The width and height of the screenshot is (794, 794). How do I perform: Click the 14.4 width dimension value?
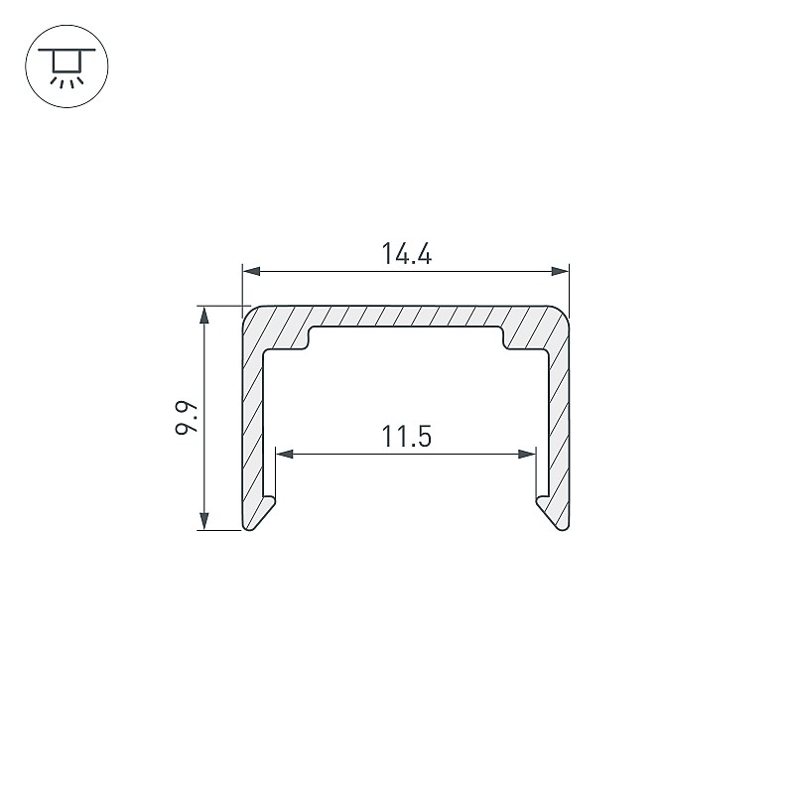pos(406,254)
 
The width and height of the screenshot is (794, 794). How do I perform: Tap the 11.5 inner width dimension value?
pos(406,437)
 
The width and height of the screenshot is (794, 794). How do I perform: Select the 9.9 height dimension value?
pos(186,418)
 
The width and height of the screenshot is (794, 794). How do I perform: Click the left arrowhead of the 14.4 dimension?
pos(252,271)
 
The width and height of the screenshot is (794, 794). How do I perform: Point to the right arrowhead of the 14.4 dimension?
pos(560,271)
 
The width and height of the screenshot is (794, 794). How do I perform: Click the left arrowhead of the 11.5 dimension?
pos(284,454)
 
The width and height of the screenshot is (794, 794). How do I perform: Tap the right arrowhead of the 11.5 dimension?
pos(527,454)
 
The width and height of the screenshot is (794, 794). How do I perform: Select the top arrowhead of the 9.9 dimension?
pos(204,315)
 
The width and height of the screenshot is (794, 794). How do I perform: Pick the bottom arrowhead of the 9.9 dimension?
pos(204,521)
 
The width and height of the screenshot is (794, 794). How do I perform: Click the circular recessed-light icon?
pos(66,66)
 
